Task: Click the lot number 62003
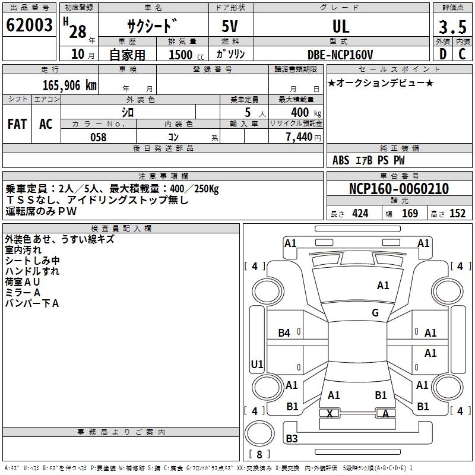[29, 26]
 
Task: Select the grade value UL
[341, 26]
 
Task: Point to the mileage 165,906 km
[69, 84]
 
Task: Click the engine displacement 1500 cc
[182, 55]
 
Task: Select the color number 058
[98, 137]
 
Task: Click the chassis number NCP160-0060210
[399, 189]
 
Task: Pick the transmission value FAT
[17, 123]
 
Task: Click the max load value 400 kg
[299, 112]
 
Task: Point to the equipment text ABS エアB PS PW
[368, 160]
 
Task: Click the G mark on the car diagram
[375, 313]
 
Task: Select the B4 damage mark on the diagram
[284, 333]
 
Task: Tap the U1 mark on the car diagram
[257, 364]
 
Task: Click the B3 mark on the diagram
[292, 439]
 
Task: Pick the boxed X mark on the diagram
[330, 413]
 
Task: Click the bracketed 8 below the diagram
[259, 454]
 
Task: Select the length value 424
[360, 214]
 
